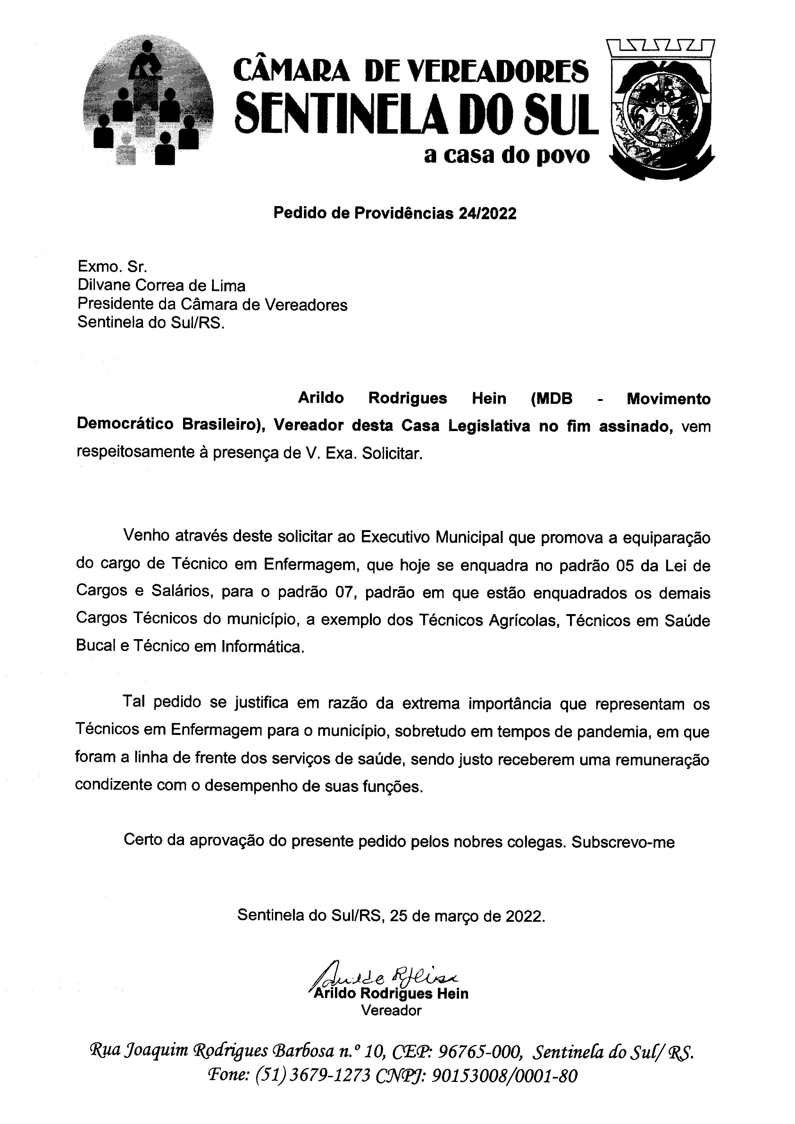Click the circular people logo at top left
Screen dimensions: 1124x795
(148, 100)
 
